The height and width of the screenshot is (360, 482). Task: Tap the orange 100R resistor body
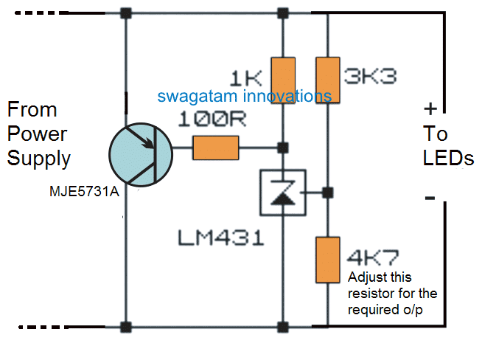point(216,149)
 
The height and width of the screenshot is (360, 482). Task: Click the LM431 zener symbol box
point(283,193)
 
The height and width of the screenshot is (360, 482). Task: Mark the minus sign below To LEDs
point(430,198)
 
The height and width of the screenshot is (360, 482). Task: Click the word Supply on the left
point(39,158)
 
